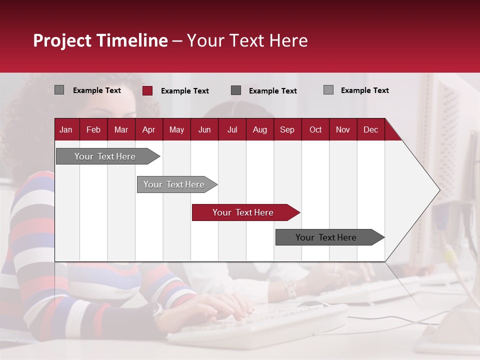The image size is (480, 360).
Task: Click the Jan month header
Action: click(66, 130)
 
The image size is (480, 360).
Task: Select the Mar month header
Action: click(121, 130)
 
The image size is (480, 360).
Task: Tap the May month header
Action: click(176, 130)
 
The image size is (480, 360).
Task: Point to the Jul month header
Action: click(232, 130)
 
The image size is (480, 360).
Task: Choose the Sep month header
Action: click(287, 130)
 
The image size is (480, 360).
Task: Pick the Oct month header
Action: click(315, 130)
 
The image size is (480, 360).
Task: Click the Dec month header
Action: click(370, 130)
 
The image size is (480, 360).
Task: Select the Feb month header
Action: click(93, 130)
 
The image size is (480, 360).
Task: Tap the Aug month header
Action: click(260, 130)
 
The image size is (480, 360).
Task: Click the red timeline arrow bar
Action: click(246, 212)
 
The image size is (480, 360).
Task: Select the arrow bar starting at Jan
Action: click(108, 156)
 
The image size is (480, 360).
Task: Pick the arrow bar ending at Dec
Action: click(330, 237)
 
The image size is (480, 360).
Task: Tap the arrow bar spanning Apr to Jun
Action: click(177, 184)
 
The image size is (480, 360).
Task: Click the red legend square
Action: click(147, 90)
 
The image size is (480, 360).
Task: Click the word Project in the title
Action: click(62, 40)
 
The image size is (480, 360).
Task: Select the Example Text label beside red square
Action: click(185, 91)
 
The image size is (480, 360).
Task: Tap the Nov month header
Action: click(343, 130)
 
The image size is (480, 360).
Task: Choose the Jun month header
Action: click(204, 130)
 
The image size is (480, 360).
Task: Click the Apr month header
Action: click(149, 130)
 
